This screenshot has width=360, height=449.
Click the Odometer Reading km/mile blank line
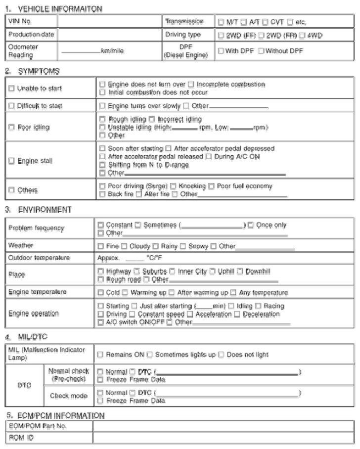[x=81, y=51]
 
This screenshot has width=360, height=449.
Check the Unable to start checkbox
[x=11, y=88]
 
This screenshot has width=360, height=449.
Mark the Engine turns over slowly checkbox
[x=102, y=106]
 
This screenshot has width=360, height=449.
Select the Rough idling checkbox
[x=102, y=119]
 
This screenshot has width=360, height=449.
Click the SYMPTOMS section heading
[x=33, y=71]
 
